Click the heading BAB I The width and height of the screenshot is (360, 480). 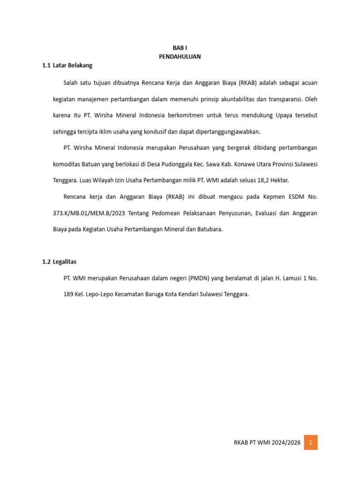coord(180,48)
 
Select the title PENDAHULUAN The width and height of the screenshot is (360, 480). coord(180,56)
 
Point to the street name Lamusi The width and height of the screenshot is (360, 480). coord(290,278)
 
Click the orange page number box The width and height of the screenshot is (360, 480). coord(310,442)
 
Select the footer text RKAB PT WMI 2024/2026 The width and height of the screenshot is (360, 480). coord(266,442)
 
